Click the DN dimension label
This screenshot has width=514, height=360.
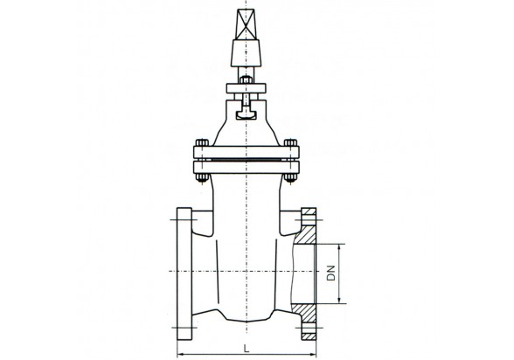tap(332, 273)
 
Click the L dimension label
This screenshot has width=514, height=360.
tap(247, 349)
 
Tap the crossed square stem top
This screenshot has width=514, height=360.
tap(246, 24)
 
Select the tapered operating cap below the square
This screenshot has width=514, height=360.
tap(246, 53)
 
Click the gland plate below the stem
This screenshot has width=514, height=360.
tap(246, 88)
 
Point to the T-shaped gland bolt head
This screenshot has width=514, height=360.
tap(246, 114)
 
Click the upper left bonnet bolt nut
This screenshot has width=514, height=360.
tap(202, 142)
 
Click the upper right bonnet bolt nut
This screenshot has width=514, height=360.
tap(290, 142)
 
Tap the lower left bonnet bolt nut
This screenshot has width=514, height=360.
tap(202, 177)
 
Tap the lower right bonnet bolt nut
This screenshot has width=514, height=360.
tap(290, 177)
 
